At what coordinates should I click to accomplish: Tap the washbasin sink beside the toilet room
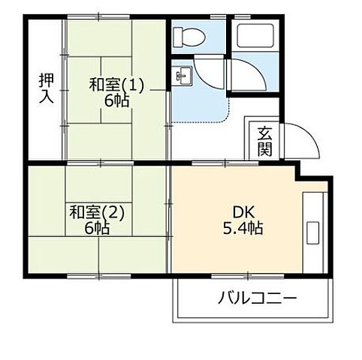tap(183, 74)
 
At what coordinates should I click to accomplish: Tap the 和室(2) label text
tap(98, 211)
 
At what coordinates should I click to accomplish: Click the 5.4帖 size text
tap(241, 228)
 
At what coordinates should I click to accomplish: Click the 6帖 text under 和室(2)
tap(98, 228)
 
